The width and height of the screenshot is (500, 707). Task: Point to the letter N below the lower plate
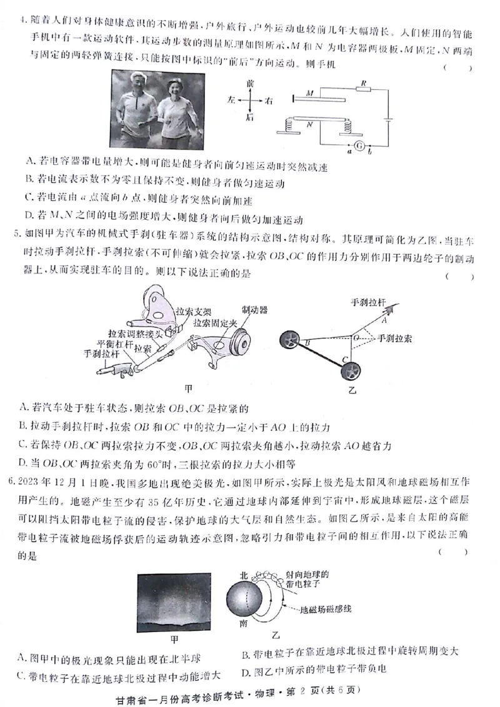coord(309,125)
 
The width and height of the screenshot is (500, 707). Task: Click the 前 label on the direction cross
coord(251,82)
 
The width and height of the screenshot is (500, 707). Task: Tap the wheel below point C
coord(349,373)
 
